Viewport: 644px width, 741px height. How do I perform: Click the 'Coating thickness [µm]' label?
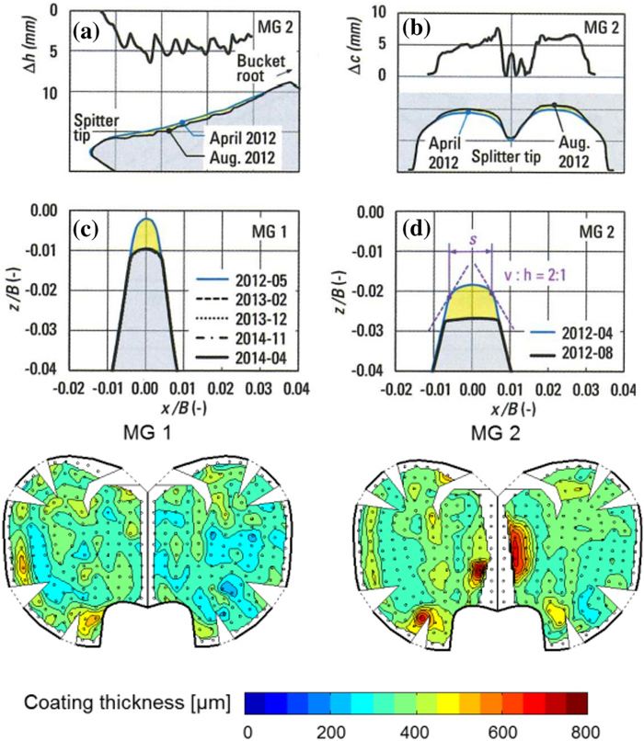coord(123,705)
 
